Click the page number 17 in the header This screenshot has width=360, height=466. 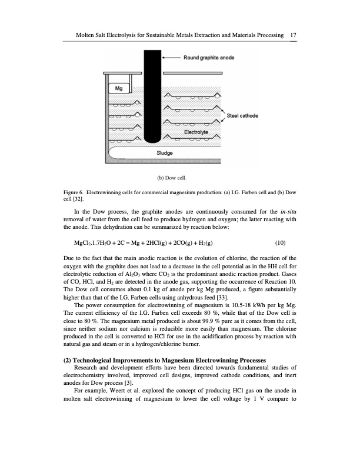tap(292, 36)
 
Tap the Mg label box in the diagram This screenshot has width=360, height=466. tap(118, 88)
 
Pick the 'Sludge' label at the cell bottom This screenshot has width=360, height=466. tap(164, 153)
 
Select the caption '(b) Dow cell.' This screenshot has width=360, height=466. tap(171, 177)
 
